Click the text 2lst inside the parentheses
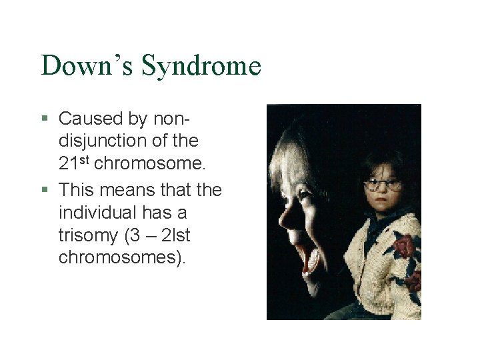point(178,235)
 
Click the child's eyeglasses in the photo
point(383,184)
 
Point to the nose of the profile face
point(285,219)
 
